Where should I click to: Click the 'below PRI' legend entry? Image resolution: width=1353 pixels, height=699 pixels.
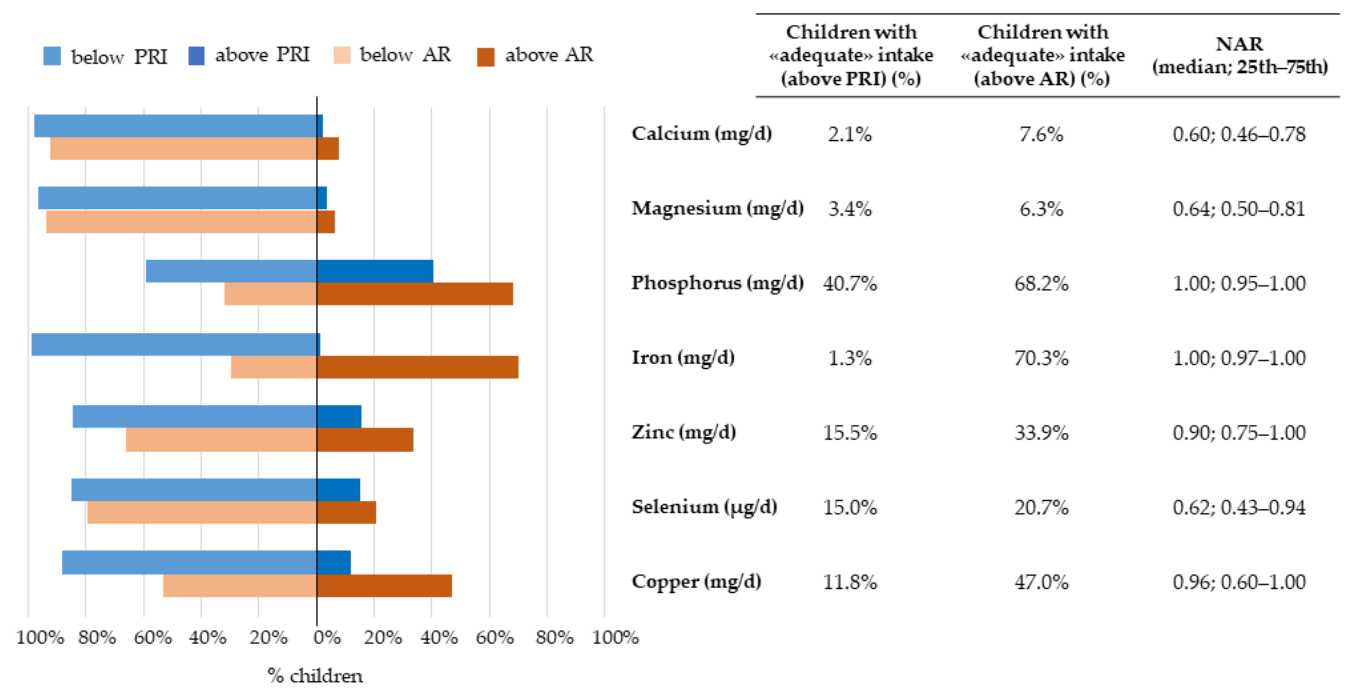(105, 56)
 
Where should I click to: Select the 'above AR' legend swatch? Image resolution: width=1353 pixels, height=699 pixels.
(486, 57)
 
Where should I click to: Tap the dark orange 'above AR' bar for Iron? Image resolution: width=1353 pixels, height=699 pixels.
(417, 367)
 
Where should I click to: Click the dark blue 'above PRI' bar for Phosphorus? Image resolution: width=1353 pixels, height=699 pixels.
(375, 271)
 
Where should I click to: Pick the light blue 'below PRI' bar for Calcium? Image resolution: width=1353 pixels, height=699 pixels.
(175, 125)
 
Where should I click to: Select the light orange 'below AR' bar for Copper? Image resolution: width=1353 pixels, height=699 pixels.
(239, 586)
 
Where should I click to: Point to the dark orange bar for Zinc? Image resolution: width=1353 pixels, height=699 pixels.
(364, 440)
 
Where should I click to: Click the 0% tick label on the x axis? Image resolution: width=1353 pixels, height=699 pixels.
(327, 638)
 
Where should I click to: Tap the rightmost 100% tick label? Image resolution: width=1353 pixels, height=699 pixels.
(615, 638)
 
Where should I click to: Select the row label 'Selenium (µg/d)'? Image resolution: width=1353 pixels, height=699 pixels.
(704, 507)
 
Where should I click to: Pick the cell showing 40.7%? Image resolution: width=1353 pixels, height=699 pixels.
(850, 284)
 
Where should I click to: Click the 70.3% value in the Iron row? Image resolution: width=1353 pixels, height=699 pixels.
(1041, 358)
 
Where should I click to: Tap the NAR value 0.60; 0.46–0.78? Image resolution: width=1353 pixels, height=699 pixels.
(1239, 134)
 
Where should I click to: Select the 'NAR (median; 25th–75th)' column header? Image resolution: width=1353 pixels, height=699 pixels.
(1240, 55)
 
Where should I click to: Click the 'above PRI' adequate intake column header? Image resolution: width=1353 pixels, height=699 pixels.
(851, 55)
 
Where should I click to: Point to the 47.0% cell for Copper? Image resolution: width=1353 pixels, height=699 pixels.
(1041, 582)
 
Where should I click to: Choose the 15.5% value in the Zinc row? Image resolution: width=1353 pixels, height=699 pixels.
(850, 433)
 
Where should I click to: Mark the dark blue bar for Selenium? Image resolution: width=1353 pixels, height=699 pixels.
(338, 489)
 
